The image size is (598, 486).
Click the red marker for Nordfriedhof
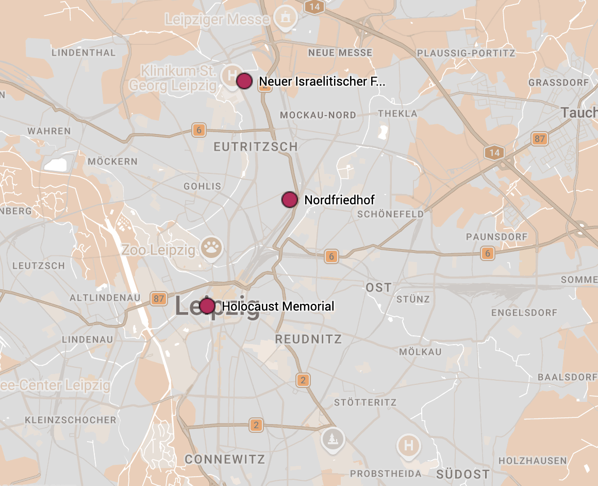coord(290,200)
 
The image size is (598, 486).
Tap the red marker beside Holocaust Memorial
coord(207,306)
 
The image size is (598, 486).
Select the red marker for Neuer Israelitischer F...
coord(244,81)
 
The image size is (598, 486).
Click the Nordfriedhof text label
coord(339,200)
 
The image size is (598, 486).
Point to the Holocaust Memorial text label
coord(278,306)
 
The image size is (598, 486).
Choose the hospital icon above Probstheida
coord(409,445)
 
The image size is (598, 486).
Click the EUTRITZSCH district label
coord(256,147)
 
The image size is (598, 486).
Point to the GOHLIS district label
coord(202,186)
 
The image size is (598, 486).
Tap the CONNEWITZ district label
coord(225,459)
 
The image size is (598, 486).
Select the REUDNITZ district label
coord(308,339)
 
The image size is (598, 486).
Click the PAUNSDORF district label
coord(496,237)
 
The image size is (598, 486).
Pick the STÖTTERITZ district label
coord(365,402)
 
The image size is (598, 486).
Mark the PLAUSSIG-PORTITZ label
coord(466,53)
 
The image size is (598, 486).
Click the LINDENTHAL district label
coord(84,53)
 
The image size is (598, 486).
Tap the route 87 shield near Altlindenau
coord(159,298)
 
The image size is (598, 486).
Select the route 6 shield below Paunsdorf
coord(487,253)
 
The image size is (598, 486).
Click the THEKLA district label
coord(397,114)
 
